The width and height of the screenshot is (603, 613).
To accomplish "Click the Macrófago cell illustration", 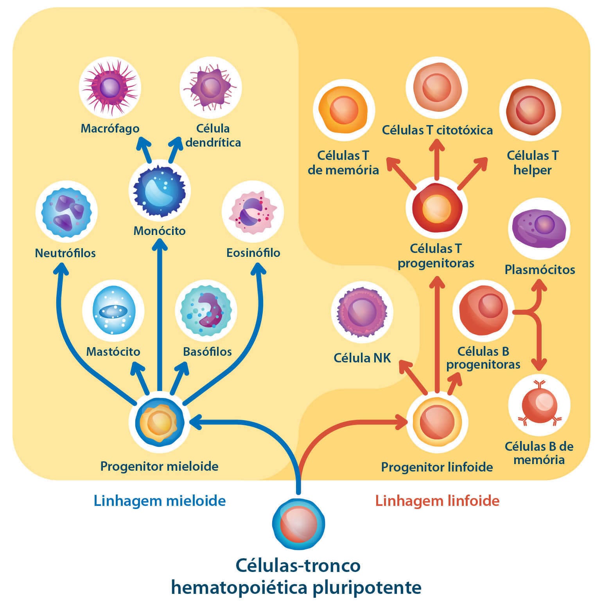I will click(x=110, y=87).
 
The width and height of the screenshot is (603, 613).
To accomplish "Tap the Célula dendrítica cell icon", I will click(x=210, y=87).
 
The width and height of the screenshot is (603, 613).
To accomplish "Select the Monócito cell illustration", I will click(x=159, y=191).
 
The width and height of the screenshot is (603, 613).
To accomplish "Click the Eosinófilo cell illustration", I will click(x=253, y=212).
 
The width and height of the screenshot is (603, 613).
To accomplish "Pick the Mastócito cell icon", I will click(x=113, y=311).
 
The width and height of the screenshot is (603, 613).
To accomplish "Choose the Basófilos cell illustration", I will click(x=206, y=310).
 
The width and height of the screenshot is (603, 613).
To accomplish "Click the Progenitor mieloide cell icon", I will click(x=160, y=422).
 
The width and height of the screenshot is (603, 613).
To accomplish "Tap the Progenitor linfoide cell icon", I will click(x=437, y=422).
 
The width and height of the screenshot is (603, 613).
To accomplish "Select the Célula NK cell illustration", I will click(x=362, y=313).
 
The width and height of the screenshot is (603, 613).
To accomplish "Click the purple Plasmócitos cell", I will click(x=539, y=228).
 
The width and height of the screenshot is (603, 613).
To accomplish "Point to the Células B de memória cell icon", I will click(x=539, y=407).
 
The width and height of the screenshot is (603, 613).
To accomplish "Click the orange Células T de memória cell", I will click(x=343, y=110).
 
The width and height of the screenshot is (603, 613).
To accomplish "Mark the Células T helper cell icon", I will click(x=530, y=110).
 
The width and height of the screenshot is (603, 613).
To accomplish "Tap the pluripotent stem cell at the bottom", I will click(x=298, y=524).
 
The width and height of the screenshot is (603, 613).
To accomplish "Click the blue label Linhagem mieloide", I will click(x=160, y=500).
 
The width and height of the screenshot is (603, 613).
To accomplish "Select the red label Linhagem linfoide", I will click(x=437, y=500).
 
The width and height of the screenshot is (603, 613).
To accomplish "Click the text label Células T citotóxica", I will click(x=437, y=130).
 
